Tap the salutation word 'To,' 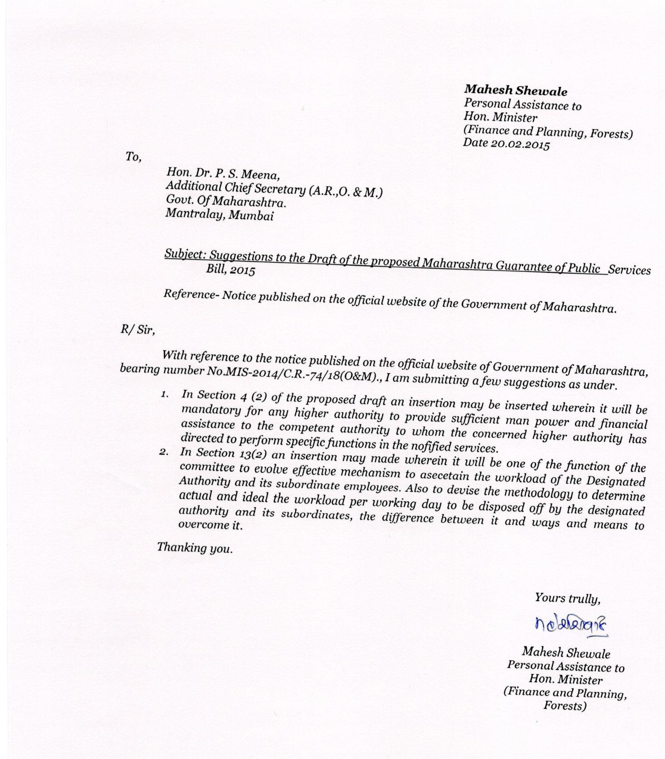coord(134,157)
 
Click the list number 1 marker coord(165,394)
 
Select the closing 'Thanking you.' coord(195,548)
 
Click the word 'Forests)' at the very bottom coord(565,706)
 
